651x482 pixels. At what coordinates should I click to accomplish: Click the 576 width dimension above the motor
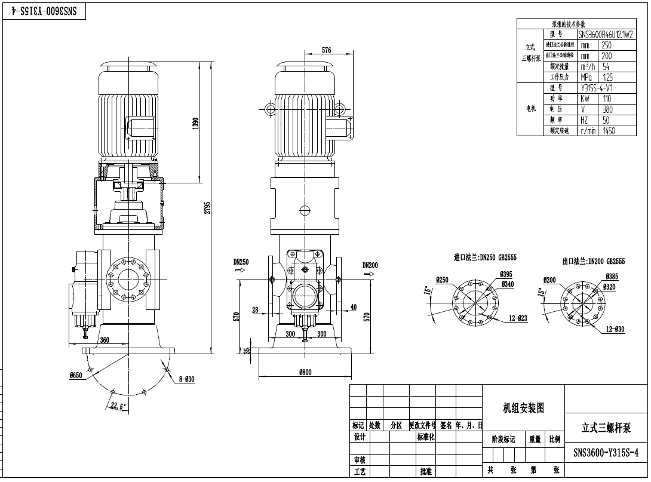pos(326,51)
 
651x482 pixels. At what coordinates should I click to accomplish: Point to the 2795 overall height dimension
pos(207,207)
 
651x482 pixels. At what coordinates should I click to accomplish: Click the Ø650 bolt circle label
pos(76,376)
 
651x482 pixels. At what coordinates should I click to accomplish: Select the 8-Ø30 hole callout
pos(186,379)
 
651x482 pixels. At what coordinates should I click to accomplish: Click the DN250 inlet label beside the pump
pos(241,262)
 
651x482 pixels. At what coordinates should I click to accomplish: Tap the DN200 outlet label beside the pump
pos(370,265)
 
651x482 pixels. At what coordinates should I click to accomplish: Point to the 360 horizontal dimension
pos(105,340)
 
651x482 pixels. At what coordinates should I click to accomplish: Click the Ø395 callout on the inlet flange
pos(508,274)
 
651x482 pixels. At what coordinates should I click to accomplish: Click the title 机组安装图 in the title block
pos(523,408)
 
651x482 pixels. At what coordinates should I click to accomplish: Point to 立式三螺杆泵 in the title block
pos(606,428)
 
